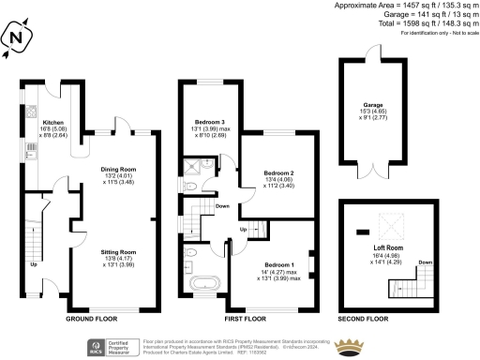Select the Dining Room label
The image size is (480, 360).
click(x=119, y=170)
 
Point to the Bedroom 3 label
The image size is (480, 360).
click(x=209, y=123)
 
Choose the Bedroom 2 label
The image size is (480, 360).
click(x=278, y=173)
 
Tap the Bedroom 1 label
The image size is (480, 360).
click(x=278, y=265)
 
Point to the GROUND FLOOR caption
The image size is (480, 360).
click(x=91, y=320)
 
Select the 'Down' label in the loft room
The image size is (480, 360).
click(x=423, y=262)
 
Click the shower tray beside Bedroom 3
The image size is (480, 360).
click(x=193, y=166)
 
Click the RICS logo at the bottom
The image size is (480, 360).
click(x=94, y=346)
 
